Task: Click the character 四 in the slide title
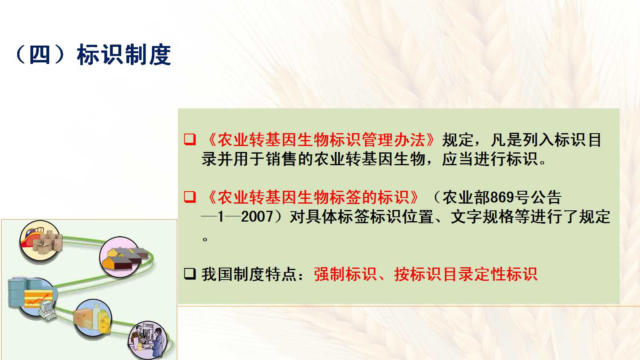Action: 40,54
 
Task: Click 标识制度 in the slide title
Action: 124,54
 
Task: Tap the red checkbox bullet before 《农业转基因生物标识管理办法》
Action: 190,140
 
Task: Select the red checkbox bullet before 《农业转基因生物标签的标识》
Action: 190,197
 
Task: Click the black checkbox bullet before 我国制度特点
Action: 190,274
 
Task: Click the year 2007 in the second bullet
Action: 257,216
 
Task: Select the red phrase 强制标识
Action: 346,274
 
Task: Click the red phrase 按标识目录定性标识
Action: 466,274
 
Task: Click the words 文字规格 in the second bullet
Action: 482,216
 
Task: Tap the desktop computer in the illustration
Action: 47,310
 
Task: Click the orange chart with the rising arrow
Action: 38,299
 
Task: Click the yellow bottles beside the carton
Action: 104,320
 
